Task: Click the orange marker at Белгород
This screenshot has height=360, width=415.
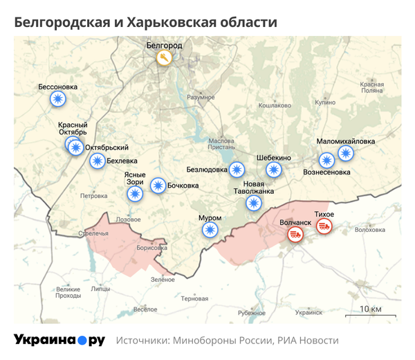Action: [x=164, y=58]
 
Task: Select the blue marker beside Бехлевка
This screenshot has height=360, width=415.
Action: [x=98, y=161]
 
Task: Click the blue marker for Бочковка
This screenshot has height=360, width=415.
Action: [x=158, y=185]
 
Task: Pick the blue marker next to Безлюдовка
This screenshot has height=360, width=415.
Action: [x=237, y=170]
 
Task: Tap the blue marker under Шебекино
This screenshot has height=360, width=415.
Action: [x=275, y=170]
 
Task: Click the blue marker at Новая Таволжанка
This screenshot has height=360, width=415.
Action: [x=254, y=203]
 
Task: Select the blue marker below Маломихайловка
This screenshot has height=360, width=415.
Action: [x=345, y=154]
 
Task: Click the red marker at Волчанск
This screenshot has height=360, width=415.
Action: [x=295, y=235]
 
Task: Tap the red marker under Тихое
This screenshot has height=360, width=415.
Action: [x=324, y=226]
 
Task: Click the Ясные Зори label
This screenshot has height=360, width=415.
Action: [x=136, y=178]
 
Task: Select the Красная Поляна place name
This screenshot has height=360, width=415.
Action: [x=371, y=87]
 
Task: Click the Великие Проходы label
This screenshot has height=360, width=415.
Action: [x=68, y=292]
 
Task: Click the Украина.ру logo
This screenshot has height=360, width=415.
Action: [x=59, y=340]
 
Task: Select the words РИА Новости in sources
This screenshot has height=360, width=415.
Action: [x=309, y=341]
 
